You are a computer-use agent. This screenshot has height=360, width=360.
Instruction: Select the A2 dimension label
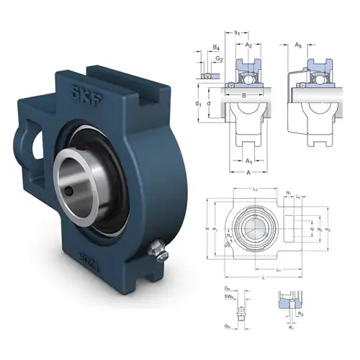(248, 45)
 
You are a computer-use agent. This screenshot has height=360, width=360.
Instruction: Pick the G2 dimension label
(220, 59)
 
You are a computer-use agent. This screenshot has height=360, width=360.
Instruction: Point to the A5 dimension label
(298, 45)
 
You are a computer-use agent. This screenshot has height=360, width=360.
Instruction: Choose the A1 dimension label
(248, 161)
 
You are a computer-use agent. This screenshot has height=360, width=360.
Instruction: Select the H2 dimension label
(328, 229)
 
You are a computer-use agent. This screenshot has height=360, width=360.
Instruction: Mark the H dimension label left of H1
(208, 229)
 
